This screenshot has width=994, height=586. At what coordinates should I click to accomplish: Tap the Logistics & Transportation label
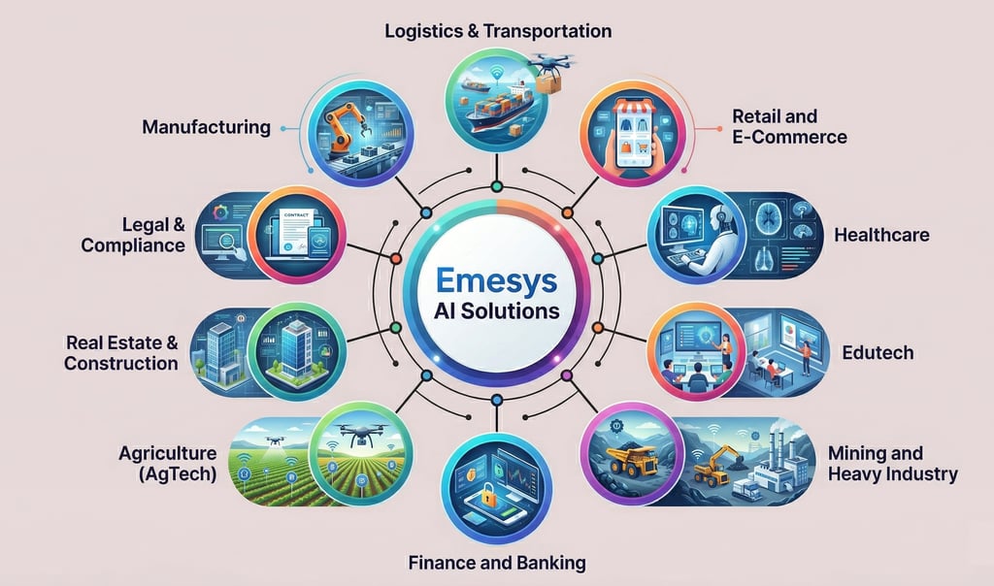tap(498, 31)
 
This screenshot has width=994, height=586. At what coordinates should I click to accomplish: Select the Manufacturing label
tap(206, 127)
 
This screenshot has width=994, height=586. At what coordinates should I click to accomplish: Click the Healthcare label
tap(881, 235)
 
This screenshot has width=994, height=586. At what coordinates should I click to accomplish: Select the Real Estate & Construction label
tap(121, 352)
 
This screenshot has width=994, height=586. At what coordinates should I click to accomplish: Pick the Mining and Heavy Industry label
tap(892, 464)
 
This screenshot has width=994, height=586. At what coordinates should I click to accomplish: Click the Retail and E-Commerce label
tap(789, 127)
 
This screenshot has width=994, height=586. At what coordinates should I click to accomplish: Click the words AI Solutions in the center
tap(496, 313)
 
